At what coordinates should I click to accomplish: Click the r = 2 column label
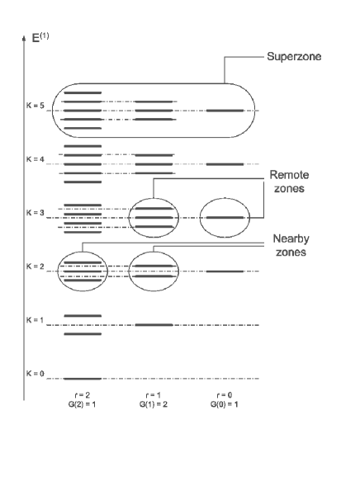point(82,395)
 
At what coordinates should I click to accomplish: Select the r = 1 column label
point(154,395)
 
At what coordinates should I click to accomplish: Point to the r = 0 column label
point(225,395)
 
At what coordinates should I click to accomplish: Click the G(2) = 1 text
point(82,404)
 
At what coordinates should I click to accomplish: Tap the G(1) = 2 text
point(154,404)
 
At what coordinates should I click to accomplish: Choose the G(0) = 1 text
point(225,404)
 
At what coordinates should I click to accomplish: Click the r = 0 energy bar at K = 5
point(225,110)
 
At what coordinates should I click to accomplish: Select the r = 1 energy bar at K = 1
point(154,324)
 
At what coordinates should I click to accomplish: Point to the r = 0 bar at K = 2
point(225,271)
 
